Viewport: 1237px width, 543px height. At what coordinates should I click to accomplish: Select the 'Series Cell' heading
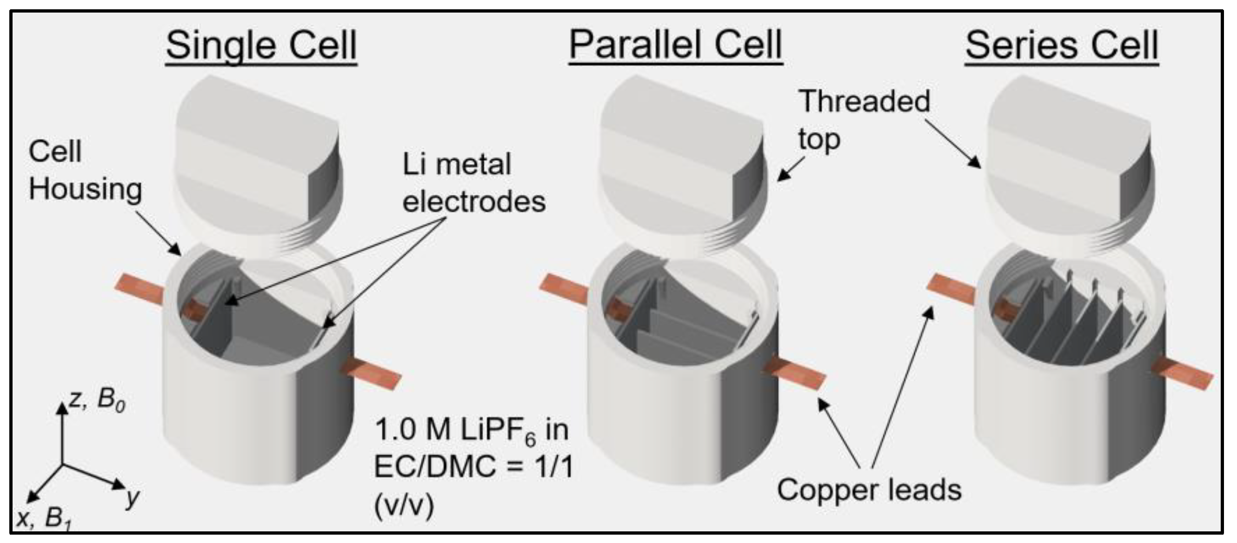[1062, 46]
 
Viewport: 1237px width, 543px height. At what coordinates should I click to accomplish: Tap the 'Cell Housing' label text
[85, 170]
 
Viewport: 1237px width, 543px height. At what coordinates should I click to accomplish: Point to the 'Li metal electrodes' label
[473, 182]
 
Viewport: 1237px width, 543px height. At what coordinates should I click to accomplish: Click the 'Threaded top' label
[864, 119]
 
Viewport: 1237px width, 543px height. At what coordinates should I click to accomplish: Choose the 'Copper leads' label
[869, 490]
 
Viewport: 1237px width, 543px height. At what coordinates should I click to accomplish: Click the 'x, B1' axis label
[43, 519]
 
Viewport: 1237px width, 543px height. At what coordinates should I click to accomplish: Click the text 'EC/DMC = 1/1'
[473, 466]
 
